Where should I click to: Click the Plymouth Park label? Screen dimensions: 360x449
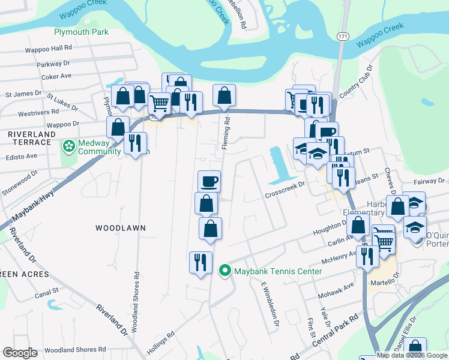pos(81,32)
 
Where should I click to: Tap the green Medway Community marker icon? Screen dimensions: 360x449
pos(68,146)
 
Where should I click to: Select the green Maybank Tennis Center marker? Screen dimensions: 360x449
pos(225,271)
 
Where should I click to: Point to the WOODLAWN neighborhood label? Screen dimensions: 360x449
pos(121,228)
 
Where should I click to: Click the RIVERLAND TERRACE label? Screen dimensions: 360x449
pos(30,137)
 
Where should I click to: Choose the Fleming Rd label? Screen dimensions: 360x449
pos(227,128)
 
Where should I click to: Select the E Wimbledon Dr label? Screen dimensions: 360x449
pos(268,305)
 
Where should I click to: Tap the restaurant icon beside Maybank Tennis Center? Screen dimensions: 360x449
pos(200,262)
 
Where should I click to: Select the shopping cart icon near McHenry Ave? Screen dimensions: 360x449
pos(384,240)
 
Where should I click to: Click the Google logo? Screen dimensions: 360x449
pos(20,353)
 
